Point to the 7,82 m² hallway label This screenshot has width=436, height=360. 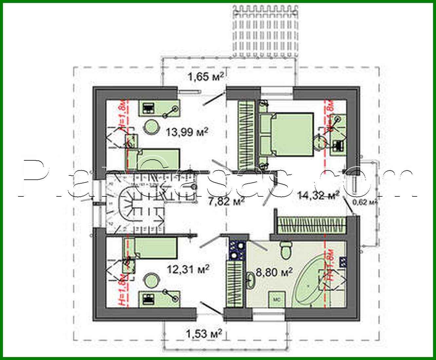tap(227, 201)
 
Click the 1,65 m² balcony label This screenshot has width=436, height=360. tap(205, 77)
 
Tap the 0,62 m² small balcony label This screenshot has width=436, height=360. tap(365, 202)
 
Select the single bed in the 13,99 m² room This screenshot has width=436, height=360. tap(153, 158)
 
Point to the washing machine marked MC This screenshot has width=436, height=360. tap(276, 299)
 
